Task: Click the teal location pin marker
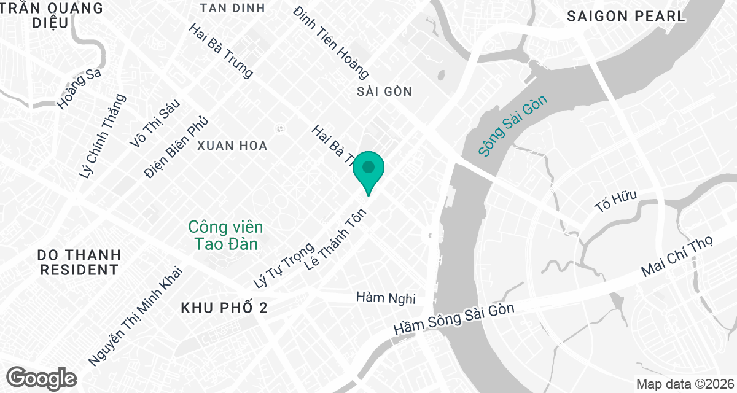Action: pyautogui.click(x=368, y=169)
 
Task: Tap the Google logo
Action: pyautogui.click(x=41, y=377)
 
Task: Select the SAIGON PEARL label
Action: pyautogui.click(x=626, y=17)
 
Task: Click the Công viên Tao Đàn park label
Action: pyautogui.click(x=226, y=235)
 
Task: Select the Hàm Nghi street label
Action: pyautogui.click(x=386, y=298)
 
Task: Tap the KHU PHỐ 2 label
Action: pyautogui.click(x=224, y=308)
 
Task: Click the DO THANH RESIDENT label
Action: pyautogui.click(x=79, y=262)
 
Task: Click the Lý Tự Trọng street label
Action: pyautogui.click(x=284, y=265)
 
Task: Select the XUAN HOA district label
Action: pyautogui.click(x=232, y=146)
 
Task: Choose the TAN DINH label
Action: pyautogui.click(x=233, y=8)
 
